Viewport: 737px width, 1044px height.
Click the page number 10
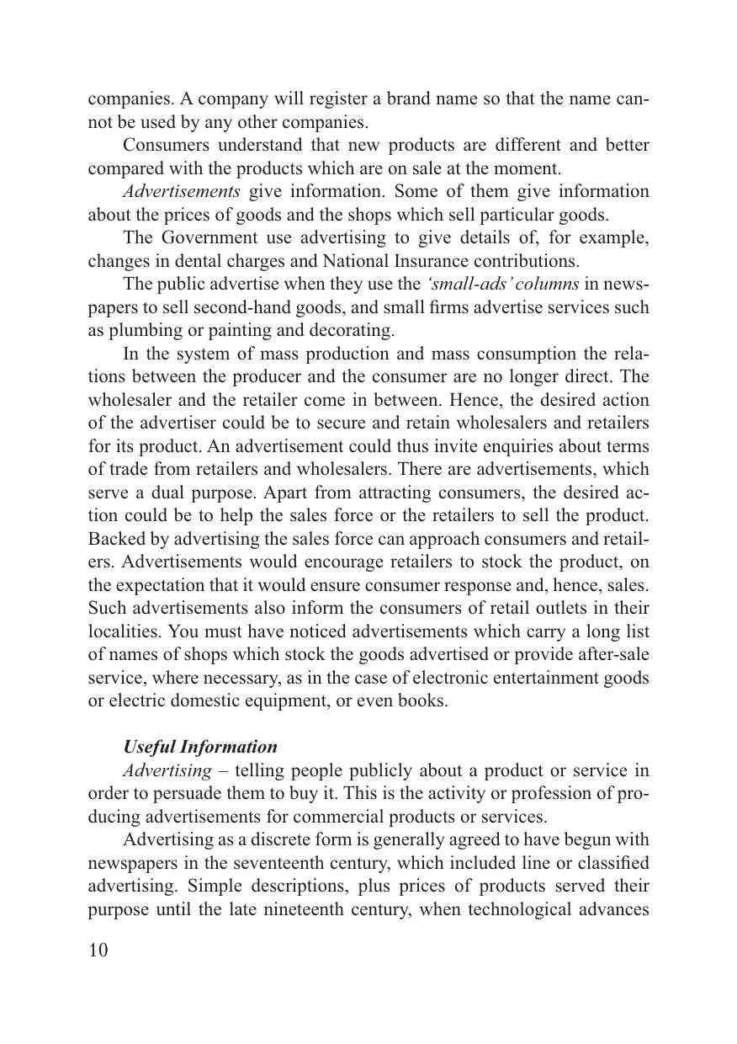coord(98,951)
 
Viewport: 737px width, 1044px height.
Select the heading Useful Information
coord(199,747)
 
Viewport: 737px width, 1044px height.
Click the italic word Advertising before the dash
coord(167,770)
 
